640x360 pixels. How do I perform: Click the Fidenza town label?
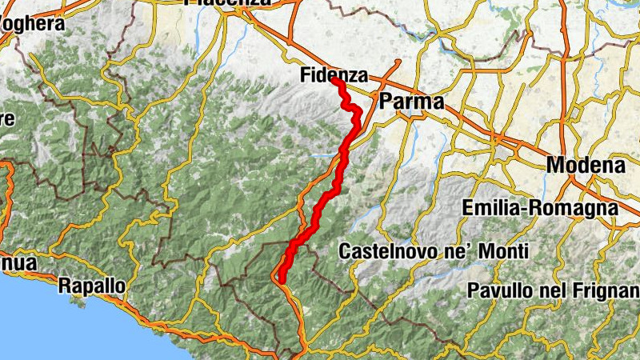click(334, 76)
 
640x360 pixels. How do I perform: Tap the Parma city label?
click(411, 102)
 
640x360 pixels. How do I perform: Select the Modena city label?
click(586, 166)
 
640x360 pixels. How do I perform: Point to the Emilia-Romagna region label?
click(540, 208)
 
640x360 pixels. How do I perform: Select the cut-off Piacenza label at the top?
click(228, 3)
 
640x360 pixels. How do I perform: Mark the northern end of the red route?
click(333, 82)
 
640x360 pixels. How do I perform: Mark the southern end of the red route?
click(280, 278)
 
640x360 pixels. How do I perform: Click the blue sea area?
click(32, 320)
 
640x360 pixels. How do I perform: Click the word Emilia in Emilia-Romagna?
click(490, 208)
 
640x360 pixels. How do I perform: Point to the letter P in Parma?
click(386, 102)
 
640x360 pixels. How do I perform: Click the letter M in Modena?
click(556, 166)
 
